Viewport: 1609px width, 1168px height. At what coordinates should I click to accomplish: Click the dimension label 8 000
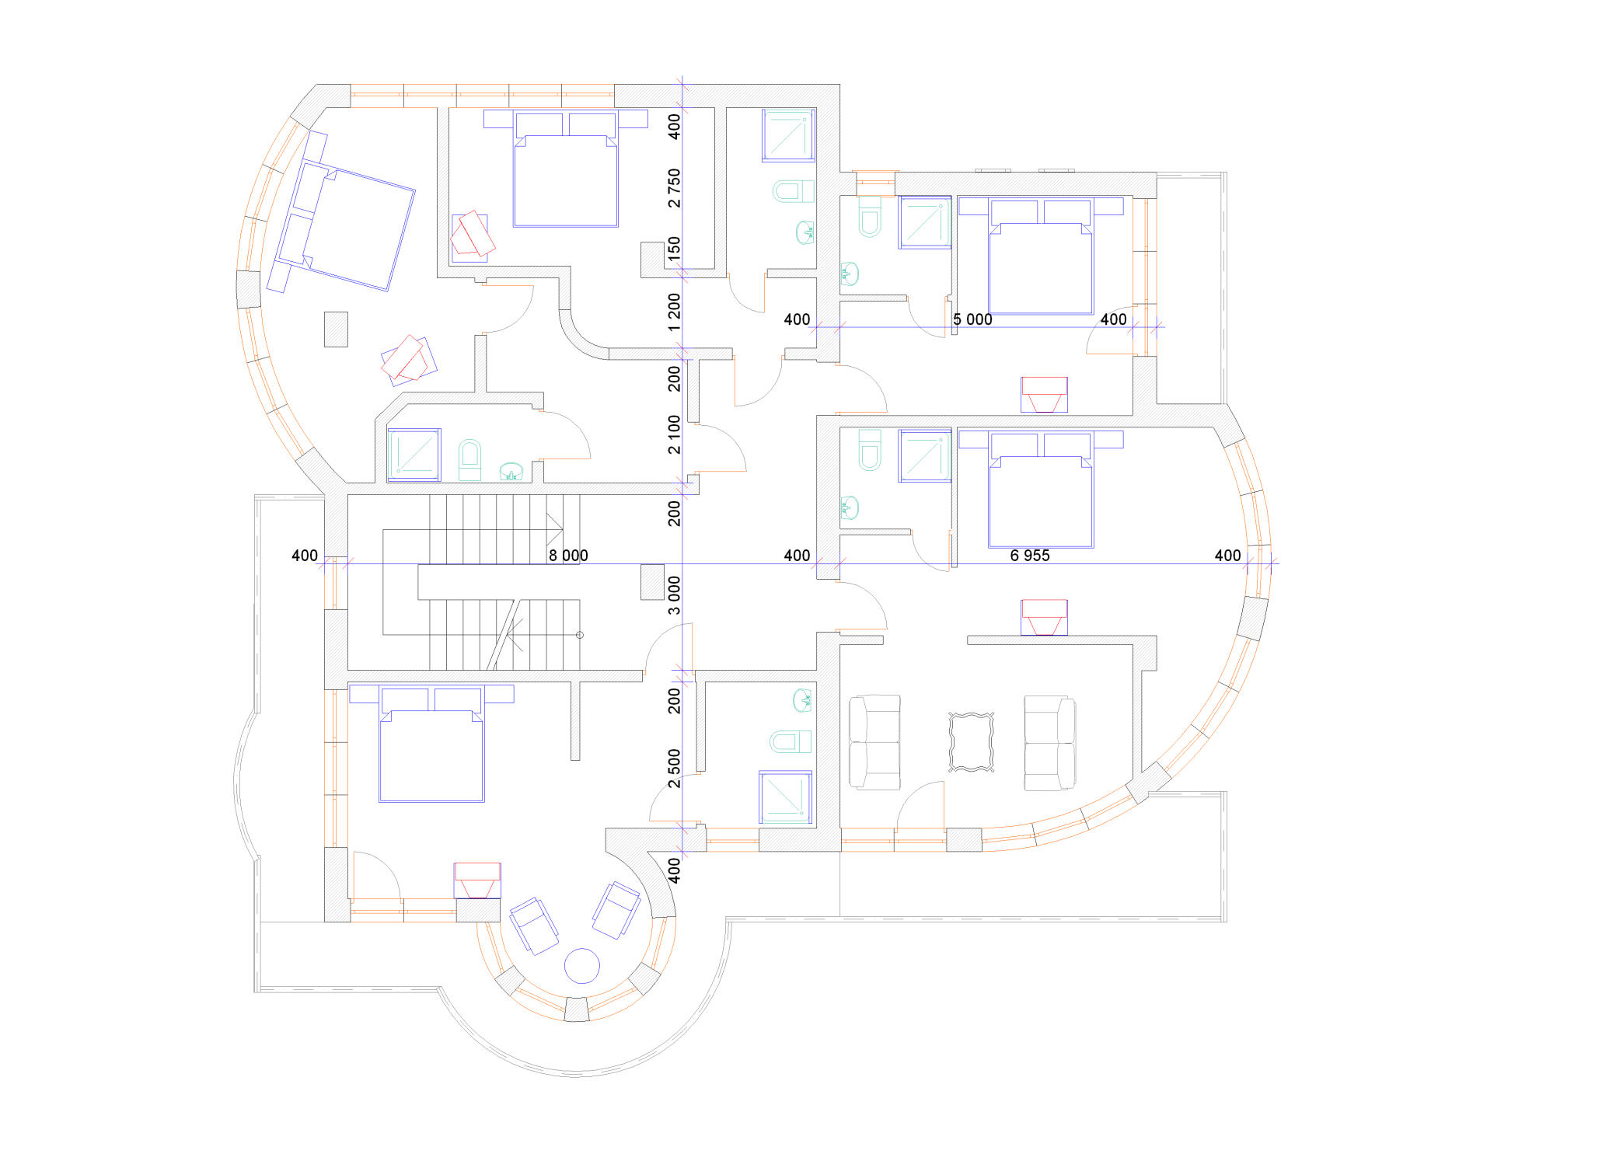click(568, 556)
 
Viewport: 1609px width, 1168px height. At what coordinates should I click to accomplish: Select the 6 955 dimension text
click(1030, 556)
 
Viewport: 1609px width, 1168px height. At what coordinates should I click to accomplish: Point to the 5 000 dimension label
click(972, 319)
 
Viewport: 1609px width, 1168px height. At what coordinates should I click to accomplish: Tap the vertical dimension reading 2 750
click(674, 188)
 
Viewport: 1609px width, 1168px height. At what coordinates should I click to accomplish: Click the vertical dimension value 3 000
click(674, 595)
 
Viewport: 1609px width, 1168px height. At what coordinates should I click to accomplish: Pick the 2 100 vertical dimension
click(674, 434)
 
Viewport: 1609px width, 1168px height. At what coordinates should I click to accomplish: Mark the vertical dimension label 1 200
click(674, 312)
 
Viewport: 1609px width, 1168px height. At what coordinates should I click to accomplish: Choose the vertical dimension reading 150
click(674, 249)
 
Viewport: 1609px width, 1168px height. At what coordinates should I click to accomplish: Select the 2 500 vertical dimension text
click(674, 768)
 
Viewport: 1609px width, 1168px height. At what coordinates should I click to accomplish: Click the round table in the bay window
click(581, 967)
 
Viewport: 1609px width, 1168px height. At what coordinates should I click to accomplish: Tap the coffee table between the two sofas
click(971, 742)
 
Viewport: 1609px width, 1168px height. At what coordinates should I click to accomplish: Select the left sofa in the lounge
click(874, 742)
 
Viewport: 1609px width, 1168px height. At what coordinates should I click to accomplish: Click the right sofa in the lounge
click(1049, 743)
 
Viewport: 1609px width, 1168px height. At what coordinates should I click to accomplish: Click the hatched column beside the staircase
click(652, 581)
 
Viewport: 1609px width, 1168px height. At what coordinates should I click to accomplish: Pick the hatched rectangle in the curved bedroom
click(336, 329)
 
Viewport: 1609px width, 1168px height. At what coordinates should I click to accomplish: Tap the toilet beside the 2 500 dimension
click(791, 741)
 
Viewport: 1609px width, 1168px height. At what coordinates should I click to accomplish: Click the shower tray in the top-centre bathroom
click(788, 135)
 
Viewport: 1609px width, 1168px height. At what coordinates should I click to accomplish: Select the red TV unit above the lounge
click(1044, 618)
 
